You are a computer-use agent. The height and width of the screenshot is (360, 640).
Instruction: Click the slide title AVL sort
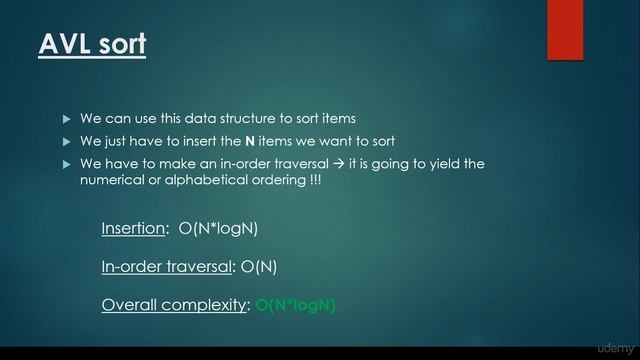(x=92, y=44)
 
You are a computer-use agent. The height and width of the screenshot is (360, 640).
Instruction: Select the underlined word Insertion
(x=133, y=229)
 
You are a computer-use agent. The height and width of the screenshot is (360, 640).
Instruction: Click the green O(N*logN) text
(x=295, y=305)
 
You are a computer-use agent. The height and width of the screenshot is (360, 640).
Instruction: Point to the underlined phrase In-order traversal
(x=165, y=267)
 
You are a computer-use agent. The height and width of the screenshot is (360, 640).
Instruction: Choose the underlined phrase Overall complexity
(x=174, y=305)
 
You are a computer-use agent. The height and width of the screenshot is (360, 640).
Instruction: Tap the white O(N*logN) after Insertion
(x=218, y=229)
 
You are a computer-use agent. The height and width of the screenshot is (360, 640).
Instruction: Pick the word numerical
(x=115, y=180)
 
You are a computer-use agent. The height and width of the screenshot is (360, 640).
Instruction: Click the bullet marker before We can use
(x=67, y=119)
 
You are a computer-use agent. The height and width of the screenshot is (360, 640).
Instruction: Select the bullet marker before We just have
(x=67, y=141)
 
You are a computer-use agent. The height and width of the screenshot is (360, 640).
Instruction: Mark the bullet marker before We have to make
(x=67, y=163)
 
